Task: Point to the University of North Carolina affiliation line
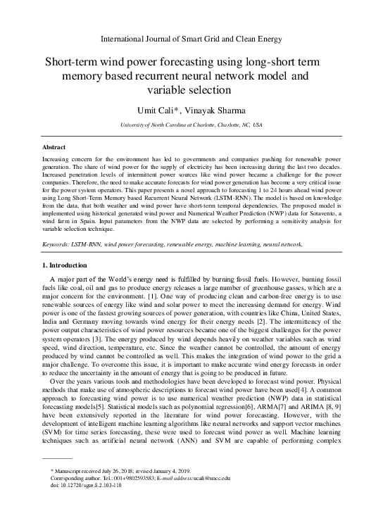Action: (x=191, y=124)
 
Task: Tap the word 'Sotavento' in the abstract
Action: (x=310, y=214)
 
